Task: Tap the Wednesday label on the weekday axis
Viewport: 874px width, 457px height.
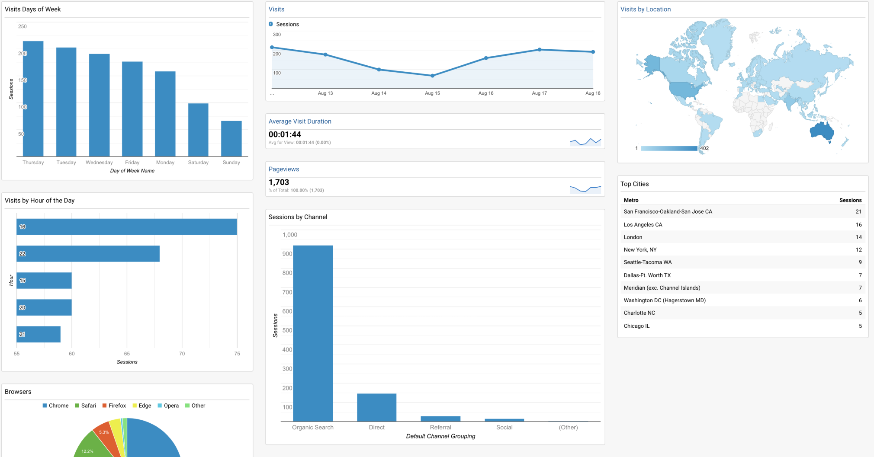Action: tap(99, 163)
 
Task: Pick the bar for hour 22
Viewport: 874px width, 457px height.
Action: tap(88, 254)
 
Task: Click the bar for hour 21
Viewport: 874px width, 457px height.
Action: tap(39, 334)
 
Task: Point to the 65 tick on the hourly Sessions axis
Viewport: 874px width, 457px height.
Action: tap(127, 354)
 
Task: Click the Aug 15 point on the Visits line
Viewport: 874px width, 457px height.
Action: tap(432, 76)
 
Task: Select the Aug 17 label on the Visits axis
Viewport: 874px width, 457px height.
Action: tap(539, 93)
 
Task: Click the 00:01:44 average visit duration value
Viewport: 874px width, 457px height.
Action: tap(285, 134)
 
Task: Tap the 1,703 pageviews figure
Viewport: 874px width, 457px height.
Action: tap(279, 182)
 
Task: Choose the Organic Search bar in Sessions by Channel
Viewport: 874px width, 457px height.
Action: tap(313, 333)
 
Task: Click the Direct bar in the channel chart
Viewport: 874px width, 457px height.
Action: tap(376, 407)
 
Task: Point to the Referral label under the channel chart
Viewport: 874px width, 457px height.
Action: tap(440, 427)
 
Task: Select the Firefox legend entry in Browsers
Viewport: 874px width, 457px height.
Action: tap(114, 406)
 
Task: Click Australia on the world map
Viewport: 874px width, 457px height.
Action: tap(821, 131)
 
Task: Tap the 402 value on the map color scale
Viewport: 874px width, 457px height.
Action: tap(704, 148)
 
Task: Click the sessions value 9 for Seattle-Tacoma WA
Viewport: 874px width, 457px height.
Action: tap(860, 262)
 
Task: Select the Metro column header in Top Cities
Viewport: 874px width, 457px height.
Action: tap(631, 200)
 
